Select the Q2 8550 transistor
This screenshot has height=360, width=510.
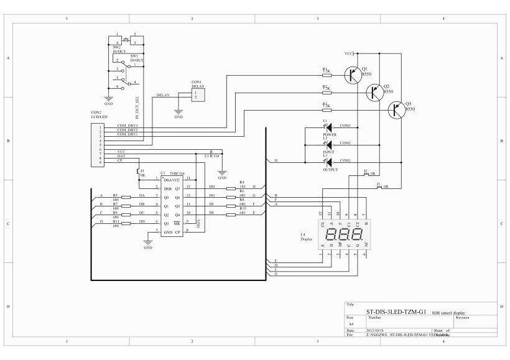click(x=375, y=92)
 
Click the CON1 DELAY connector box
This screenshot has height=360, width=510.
click(x=197, y=95)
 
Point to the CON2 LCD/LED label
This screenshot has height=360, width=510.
click(x=100, y=116)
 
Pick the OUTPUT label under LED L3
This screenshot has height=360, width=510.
click(x=330, y=169)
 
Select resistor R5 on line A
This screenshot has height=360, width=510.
click(x=126, y=197)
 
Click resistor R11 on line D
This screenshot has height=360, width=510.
click(x=126, y=223)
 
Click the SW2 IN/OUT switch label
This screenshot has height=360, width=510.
click(x=118, y=48)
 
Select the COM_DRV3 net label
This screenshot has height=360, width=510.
click(x=127, y=126)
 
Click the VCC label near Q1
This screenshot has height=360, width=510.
click(x=348, y=53)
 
